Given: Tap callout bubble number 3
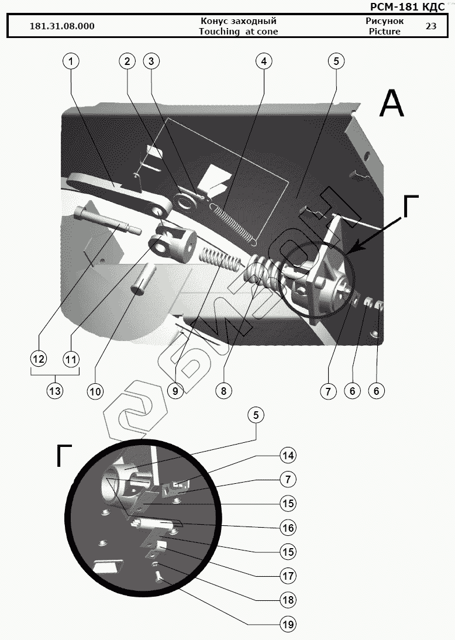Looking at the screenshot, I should (x=151, y=61).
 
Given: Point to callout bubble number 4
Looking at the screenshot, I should (x=264, y=61).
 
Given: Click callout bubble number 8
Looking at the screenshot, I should (x=222, y=391).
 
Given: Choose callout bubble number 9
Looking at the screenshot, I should (x=175, y=391).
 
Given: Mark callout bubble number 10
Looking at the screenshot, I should (x=95, y=391).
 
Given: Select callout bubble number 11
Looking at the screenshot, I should (x=71, y=358).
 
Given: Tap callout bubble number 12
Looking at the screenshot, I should (x=39, y=358).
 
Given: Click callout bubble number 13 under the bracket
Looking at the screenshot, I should (x=55, y=391).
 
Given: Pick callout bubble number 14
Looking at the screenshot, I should (x=288, y=455).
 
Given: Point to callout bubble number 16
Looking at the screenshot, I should (x=288, y=528).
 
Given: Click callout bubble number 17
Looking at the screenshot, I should (x=288, y=576).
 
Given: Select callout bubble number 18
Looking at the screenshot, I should (x=288, y=600).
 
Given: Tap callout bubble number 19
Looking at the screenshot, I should (x=288, y=624).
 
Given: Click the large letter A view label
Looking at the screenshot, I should (x=391, y=105).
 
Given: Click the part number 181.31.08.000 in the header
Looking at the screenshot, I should (x=62, y=26).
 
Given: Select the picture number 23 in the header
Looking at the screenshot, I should (x=431, y=26).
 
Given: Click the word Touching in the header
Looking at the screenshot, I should (x=218, y=32).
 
